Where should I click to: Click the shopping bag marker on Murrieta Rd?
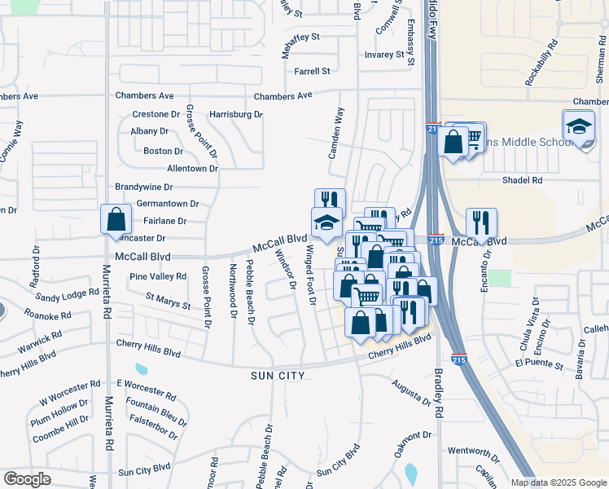pos(116,219)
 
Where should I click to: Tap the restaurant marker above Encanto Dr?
pos(481,222)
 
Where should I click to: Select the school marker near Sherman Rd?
pos(578,126)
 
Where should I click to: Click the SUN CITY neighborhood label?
pos(278,376)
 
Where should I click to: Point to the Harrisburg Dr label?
pos(236,114)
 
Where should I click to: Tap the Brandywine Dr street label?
pos(146,187)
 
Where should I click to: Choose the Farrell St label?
pos(312,71)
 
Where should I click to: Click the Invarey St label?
pos(384,55)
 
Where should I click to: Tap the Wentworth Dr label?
pos(473,451)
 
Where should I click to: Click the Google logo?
pos(27,479)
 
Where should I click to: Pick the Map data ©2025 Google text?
pos(559,482)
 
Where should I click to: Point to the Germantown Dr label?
pos(168,204)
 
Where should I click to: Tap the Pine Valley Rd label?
pos(158,277)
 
